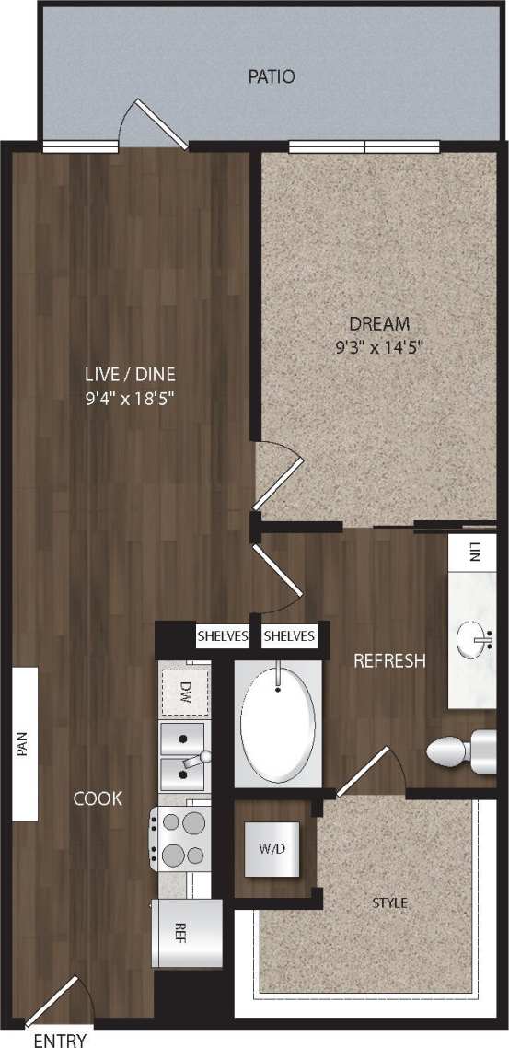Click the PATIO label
click(272, 76)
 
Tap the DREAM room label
click(378, 324)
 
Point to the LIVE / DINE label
click(129, 375)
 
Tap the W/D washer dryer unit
click(272, 847)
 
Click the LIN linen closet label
click(474, 553)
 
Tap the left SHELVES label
click(222, 636)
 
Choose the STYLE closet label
click(389, 903)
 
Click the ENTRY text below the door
click(60, 1041)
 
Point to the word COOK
click(98, 798)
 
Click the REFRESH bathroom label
click(389, 660)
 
